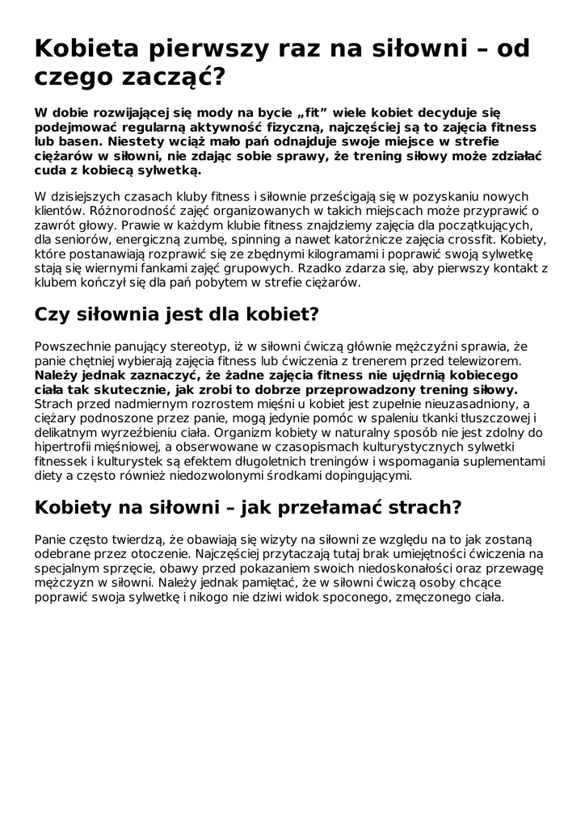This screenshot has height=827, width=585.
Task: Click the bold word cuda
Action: tap(51, 170)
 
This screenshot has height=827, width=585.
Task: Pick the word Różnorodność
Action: tap(127, 211)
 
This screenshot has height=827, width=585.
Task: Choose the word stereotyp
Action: tap(191, 346)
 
